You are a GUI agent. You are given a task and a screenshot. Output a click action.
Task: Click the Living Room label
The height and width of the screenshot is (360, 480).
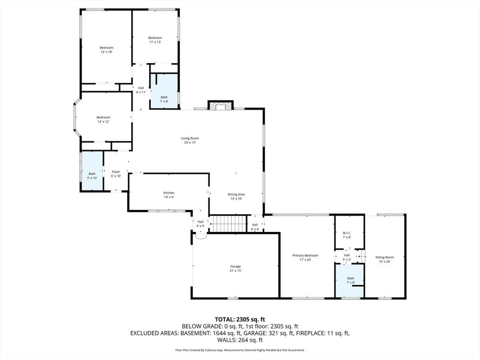pyautogui.click(x=190, y=138)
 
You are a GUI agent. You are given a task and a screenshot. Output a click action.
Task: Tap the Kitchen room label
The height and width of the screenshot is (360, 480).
pyautogui.click(x=169, y=193)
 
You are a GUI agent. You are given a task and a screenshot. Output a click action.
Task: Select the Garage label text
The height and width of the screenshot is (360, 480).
pyautogui.click(x=235, y=266)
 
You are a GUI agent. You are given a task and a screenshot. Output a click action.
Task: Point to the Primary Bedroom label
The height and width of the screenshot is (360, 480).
pyautogui.click(x=305, y=255)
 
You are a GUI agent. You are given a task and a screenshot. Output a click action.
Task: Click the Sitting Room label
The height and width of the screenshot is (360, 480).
pyautogui.click(x=384, y=257)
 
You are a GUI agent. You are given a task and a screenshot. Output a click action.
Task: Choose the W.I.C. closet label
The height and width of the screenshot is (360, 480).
pyautogui.click(x=347, y=233)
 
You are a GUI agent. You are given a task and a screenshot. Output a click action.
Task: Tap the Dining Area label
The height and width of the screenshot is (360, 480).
pyautogui.click(x=236, y=194)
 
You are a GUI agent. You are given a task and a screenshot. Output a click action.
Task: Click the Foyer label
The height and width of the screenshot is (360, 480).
pyautogui.click(x=116, y=172)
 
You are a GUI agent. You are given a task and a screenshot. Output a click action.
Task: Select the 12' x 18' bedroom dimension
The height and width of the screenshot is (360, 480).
pyautogui.click(x=106, y=52)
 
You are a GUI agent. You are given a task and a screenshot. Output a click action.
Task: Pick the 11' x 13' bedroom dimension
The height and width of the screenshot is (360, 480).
pyautogui.click(x=155, y=42)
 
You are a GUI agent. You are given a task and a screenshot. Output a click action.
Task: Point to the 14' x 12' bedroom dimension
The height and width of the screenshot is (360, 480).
pyautogui.click(x=103, y=121)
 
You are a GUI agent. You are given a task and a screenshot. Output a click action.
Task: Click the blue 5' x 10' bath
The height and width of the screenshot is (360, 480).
pyautogui.click(x=91, y=172)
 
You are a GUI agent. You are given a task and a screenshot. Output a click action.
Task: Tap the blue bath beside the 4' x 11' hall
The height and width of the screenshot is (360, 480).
pyautogui.click(x=164, y=91)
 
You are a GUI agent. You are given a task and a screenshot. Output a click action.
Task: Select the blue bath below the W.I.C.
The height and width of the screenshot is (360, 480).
pyautogui.click(x=349, y=281)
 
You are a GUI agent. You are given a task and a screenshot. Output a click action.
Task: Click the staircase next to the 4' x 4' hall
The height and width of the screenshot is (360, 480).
pyautogui.click(x=228, y=224)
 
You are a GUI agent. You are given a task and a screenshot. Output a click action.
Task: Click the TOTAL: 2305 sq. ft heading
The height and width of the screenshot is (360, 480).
pyautogui.click(x=240, y=320)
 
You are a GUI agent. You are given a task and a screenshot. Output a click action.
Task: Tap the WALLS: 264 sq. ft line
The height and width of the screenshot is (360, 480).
pyautogui.click(x=240, y=340)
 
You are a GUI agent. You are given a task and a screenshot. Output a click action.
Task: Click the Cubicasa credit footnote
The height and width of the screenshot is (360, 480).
pyautogui.click(x=240, y=350)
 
